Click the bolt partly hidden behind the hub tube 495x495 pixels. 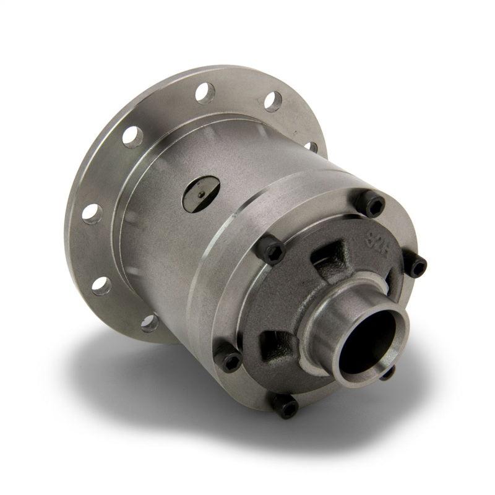click(387, 372)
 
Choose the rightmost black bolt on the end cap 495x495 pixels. click(416, 265)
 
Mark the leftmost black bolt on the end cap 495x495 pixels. click(230, 361)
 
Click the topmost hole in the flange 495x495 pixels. click(205, 93)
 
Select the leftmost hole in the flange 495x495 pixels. click(92, 212)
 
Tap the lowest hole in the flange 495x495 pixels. click(149, 322)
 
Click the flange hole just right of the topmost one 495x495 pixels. click(272, 101)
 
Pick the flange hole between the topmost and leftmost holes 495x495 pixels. click(132, 136)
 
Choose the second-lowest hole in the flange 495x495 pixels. click(101, 285)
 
